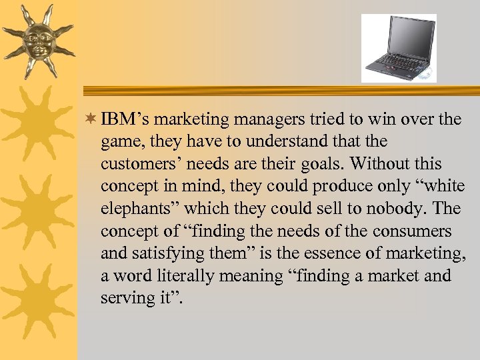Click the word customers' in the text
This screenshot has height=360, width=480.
pos(137,164)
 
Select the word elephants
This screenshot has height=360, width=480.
pos(139,209)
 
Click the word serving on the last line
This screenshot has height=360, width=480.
pos(127,299)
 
